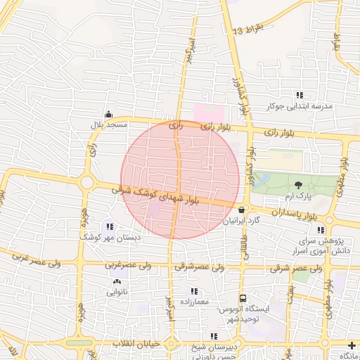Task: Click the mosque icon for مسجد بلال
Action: (x=108, y=115)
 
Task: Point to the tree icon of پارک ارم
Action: (x=300, y=184)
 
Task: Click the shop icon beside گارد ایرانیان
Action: (x=242, y=210)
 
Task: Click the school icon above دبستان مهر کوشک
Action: (x=110, y=226)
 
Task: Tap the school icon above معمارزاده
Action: (x=194, y=291)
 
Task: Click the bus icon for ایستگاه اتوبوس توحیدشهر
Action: (x=243, y=298)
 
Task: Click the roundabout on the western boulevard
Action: (x=87, y=182)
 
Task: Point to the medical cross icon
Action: (x=352, y=345)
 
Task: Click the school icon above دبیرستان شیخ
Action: (x=214, y=336)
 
